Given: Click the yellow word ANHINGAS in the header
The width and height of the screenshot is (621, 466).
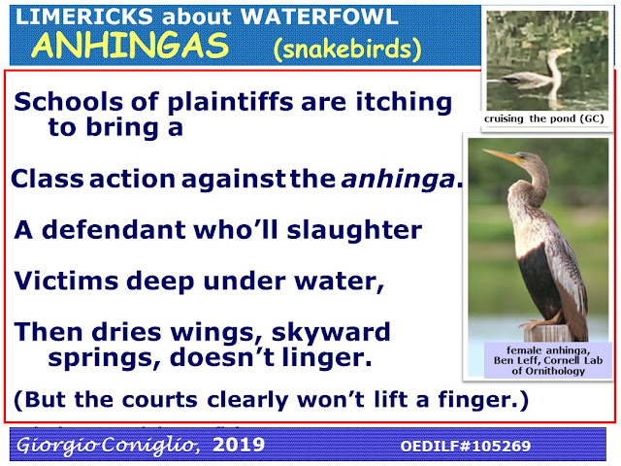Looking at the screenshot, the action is [130, 46].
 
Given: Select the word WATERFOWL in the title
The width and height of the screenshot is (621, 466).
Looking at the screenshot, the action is [319, 17].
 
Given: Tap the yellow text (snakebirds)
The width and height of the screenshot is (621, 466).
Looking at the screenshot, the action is [347, 50].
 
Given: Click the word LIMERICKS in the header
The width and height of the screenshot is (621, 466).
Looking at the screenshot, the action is [84, 17].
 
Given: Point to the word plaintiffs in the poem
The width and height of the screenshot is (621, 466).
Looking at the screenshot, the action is [230, 102].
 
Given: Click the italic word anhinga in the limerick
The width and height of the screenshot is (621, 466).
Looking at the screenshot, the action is [398, 179].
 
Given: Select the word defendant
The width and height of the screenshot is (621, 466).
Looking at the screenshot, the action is [114, 230].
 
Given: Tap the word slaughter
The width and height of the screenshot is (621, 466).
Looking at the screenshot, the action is [354, 231].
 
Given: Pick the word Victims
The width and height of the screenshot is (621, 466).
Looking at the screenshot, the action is [66, 281].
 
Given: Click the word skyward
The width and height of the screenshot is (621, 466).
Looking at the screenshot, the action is [331, 333].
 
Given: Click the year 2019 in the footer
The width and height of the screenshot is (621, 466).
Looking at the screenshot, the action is [239, 445].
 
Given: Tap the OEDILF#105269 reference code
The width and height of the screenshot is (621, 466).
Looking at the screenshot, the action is [466, 446].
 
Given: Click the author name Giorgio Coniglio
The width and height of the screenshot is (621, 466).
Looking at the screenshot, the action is [108, 446].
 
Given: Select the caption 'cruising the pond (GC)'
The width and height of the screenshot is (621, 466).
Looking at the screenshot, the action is [544, 118].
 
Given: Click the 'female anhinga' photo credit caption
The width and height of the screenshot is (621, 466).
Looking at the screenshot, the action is [548, 360].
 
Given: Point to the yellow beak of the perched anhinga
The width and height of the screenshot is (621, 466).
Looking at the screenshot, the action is [501, 155].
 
